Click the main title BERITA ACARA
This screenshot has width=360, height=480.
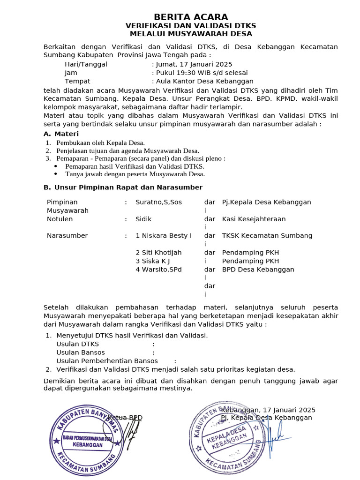click(191, 17)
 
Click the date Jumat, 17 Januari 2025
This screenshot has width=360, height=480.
click(194, 64)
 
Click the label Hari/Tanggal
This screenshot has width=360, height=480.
click(86, 64)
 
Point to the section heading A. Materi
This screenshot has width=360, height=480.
click(61, 134)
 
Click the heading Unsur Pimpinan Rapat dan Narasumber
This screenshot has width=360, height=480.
click(128, 187)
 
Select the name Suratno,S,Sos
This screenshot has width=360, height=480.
click(158, 202)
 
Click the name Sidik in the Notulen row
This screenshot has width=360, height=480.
click(143, 219)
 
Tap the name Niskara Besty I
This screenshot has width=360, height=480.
click(164, 235)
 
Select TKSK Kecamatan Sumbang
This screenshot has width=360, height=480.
click(267, 235)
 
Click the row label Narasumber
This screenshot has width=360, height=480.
click(67, 235)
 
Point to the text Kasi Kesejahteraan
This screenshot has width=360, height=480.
click(254, 219)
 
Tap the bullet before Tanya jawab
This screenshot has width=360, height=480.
click(56, 174)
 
